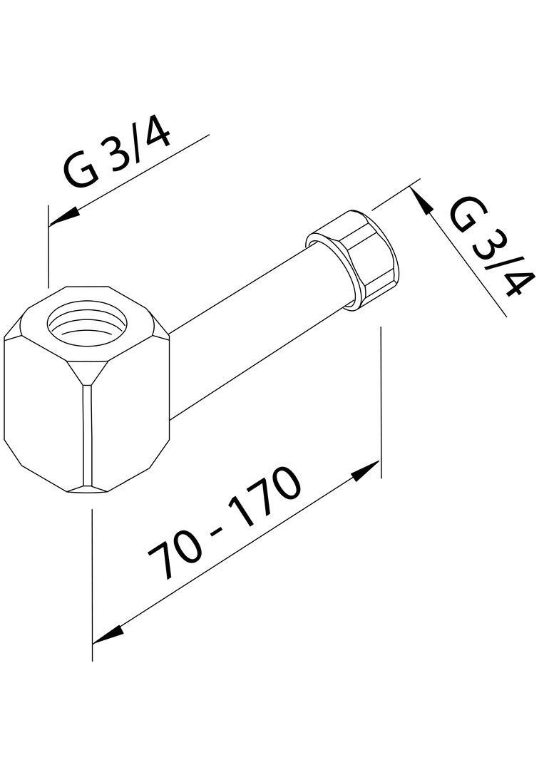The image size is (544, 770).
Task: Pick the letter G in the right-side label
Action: coord(468,215)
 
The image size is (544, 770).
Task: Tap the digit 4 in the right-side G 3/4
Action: coord(517,281)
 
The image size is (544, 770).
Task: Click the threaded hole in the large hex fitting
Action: coord(87,324)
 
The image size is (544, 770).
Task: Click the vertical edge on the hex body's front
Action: coord(88,435)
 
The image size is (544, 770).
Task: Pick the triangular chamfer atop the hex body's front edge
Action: coord(88,371)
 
